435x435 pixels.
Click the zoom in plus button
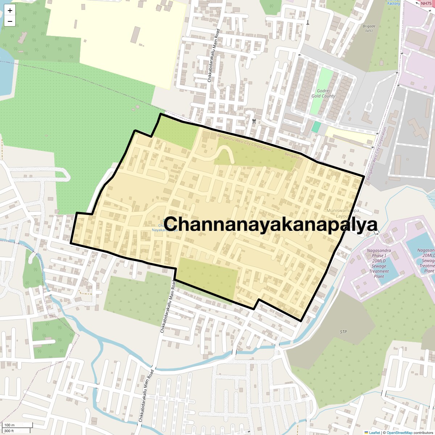[x=10, y=11]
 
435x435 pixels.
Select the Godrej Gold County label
[x=323, y=94]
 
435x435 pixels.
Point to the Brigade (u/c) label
[x=369, y=28]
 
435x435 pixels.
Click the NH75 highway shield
[x=426, y=3]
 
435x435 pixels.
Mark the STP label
[x=343, y=332]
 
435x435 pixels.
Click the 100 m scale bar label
[x=10, y=425]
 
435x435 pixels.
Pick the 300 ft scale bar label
[x=9, y=431]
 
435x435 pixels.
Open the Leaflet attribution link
[x=374, y=432]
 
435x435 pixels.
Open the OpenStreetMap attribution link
[x=399, y=432]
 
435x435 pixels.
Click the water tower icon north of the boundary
[x=254, y=121]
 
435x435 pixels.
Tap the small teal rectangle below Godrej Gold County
[x=316, y=127]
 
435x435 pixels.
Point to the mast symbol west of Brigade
[x=308, y=22]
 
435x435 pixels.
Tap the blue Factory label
[x=394, y=3]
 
